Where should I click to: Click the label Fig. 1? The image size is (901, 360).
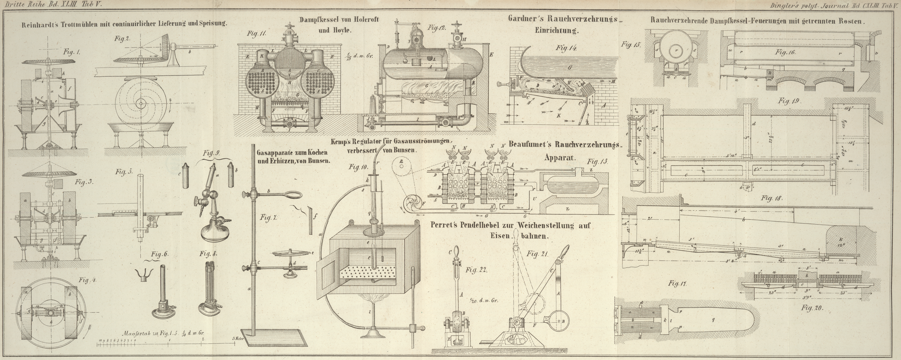point(72,52)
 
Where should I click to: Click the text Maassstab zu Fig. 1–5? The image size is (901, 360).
point(147,334)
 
